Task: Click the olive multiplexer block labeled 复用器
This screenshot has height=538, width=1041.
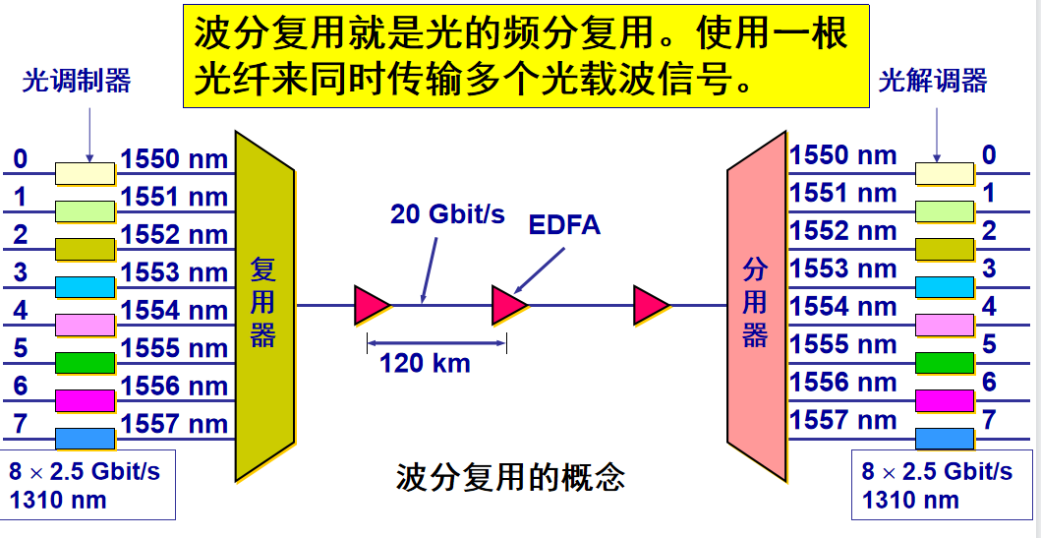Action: click(263, 305)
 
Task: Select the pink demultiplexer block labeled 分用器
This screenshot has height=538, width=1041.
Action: click(755, 305)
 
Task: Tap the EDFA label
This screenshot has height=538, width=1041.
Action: click(564, 224)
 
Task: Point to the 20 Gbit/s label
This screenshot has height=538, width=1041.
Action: click(447, 213)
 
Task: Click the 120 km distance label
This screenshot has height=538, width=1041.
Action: click(425, 363)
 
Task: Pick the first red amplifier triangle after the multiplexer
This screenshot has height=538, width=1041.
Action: click(372, 305)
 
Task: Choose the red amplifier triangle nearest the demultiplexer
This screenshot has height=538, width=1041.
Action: click(651, 305)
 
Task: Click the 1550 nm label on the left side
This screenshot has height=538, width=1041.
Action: click(174, 159)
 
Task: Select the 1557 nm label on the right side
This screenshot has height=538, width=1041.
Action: click(843, 420)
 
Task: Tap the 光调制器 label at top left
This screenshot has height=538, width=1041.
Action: click(77, 81)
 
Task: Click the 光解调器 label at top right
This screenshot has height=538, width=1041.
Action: click(933, 81)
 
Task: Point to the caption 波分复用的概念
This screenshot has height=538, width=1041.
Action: click(510, 478)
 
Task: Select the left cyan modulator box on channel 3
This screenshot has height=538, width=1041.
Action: click(85, 286)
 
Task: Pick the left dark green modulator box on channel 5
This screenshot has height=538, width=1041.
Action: click(85, 362)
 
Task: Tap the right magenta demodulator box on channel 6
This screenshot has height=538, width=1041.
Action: click(945, 400)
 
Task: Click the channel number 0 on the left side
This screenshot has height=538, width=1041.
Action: click(21, 159)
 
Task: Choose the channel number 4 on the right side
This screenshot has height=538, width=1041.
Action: click(989, 306)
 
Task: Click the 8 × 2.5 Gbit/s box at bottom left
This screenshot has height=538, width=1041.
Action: click(88, 485)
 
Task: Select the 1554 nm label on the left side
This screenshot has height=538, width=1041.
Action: click(174, 311)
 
